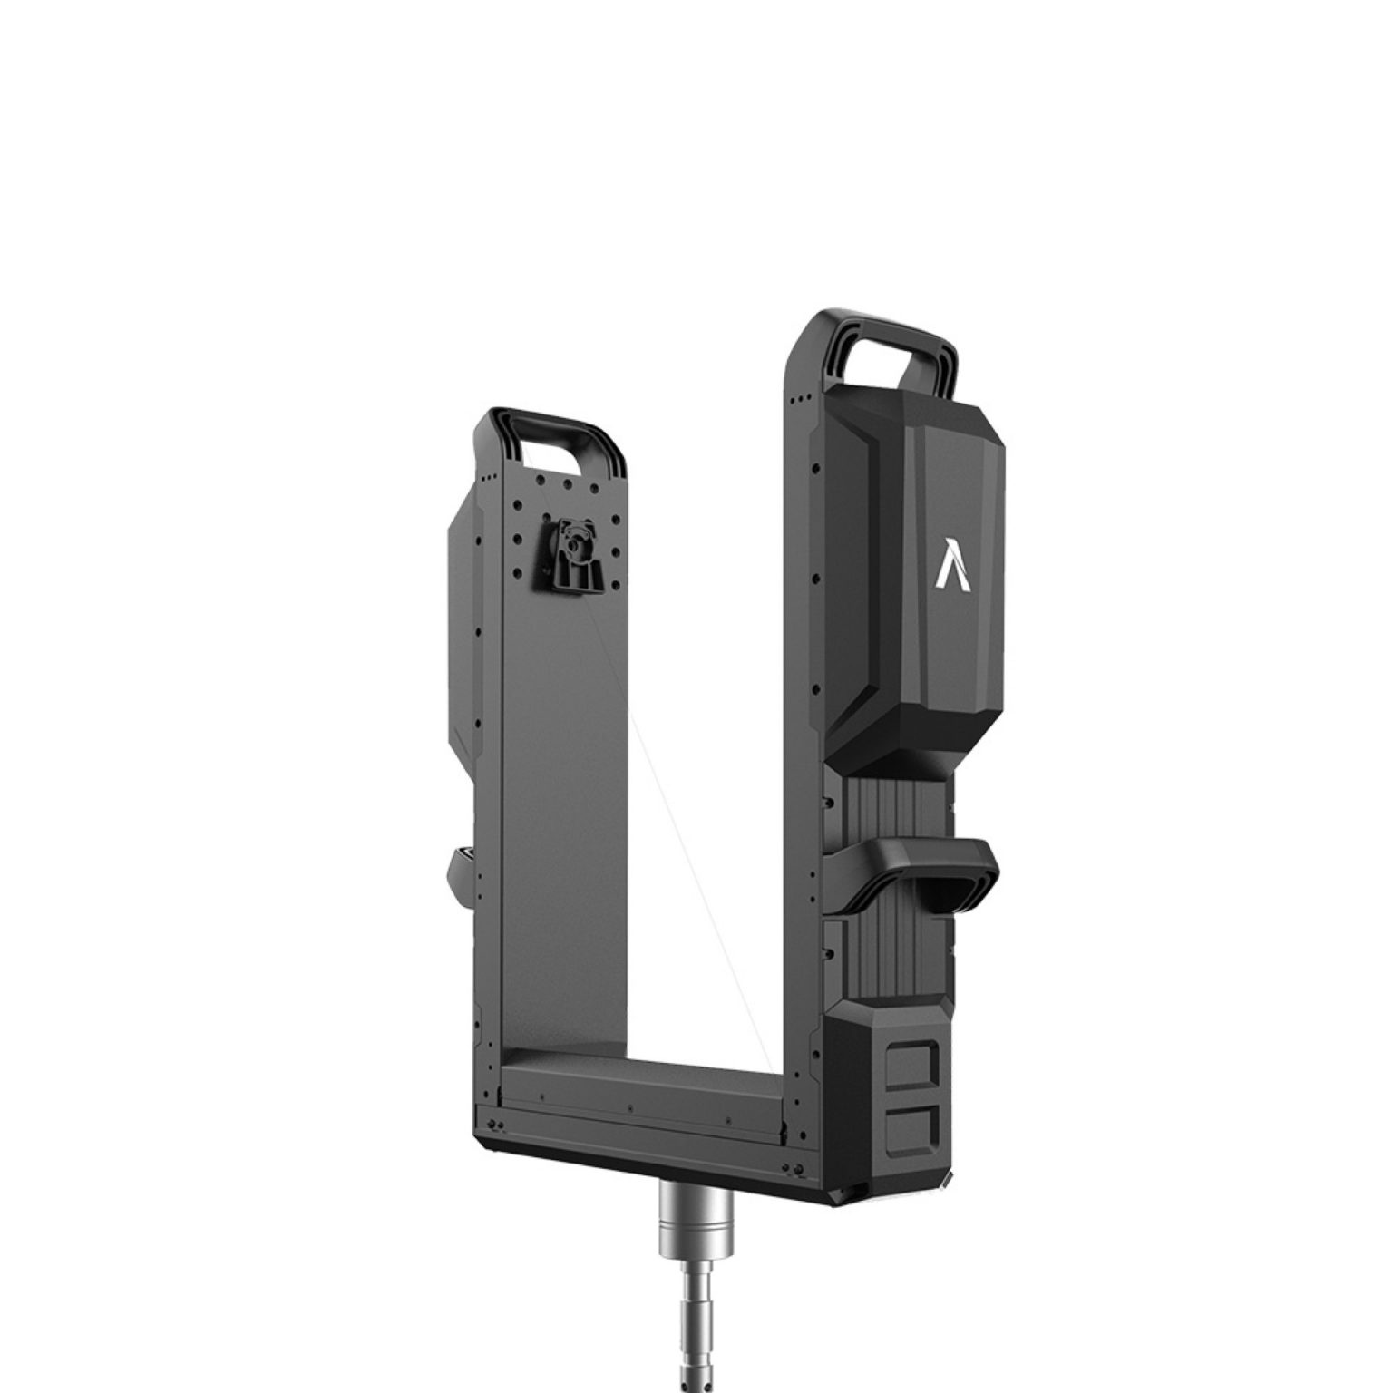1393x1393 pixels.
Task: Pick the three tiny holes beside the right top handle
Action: point(798,399)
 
